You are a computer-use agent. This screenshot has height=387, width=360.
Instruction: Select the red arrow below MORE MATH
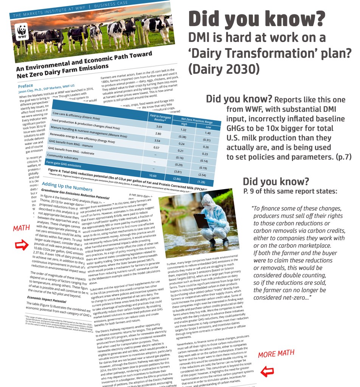pos(267,372)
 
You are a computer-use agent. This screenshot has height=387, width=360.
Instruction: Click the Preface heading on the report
pos(26,86)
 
